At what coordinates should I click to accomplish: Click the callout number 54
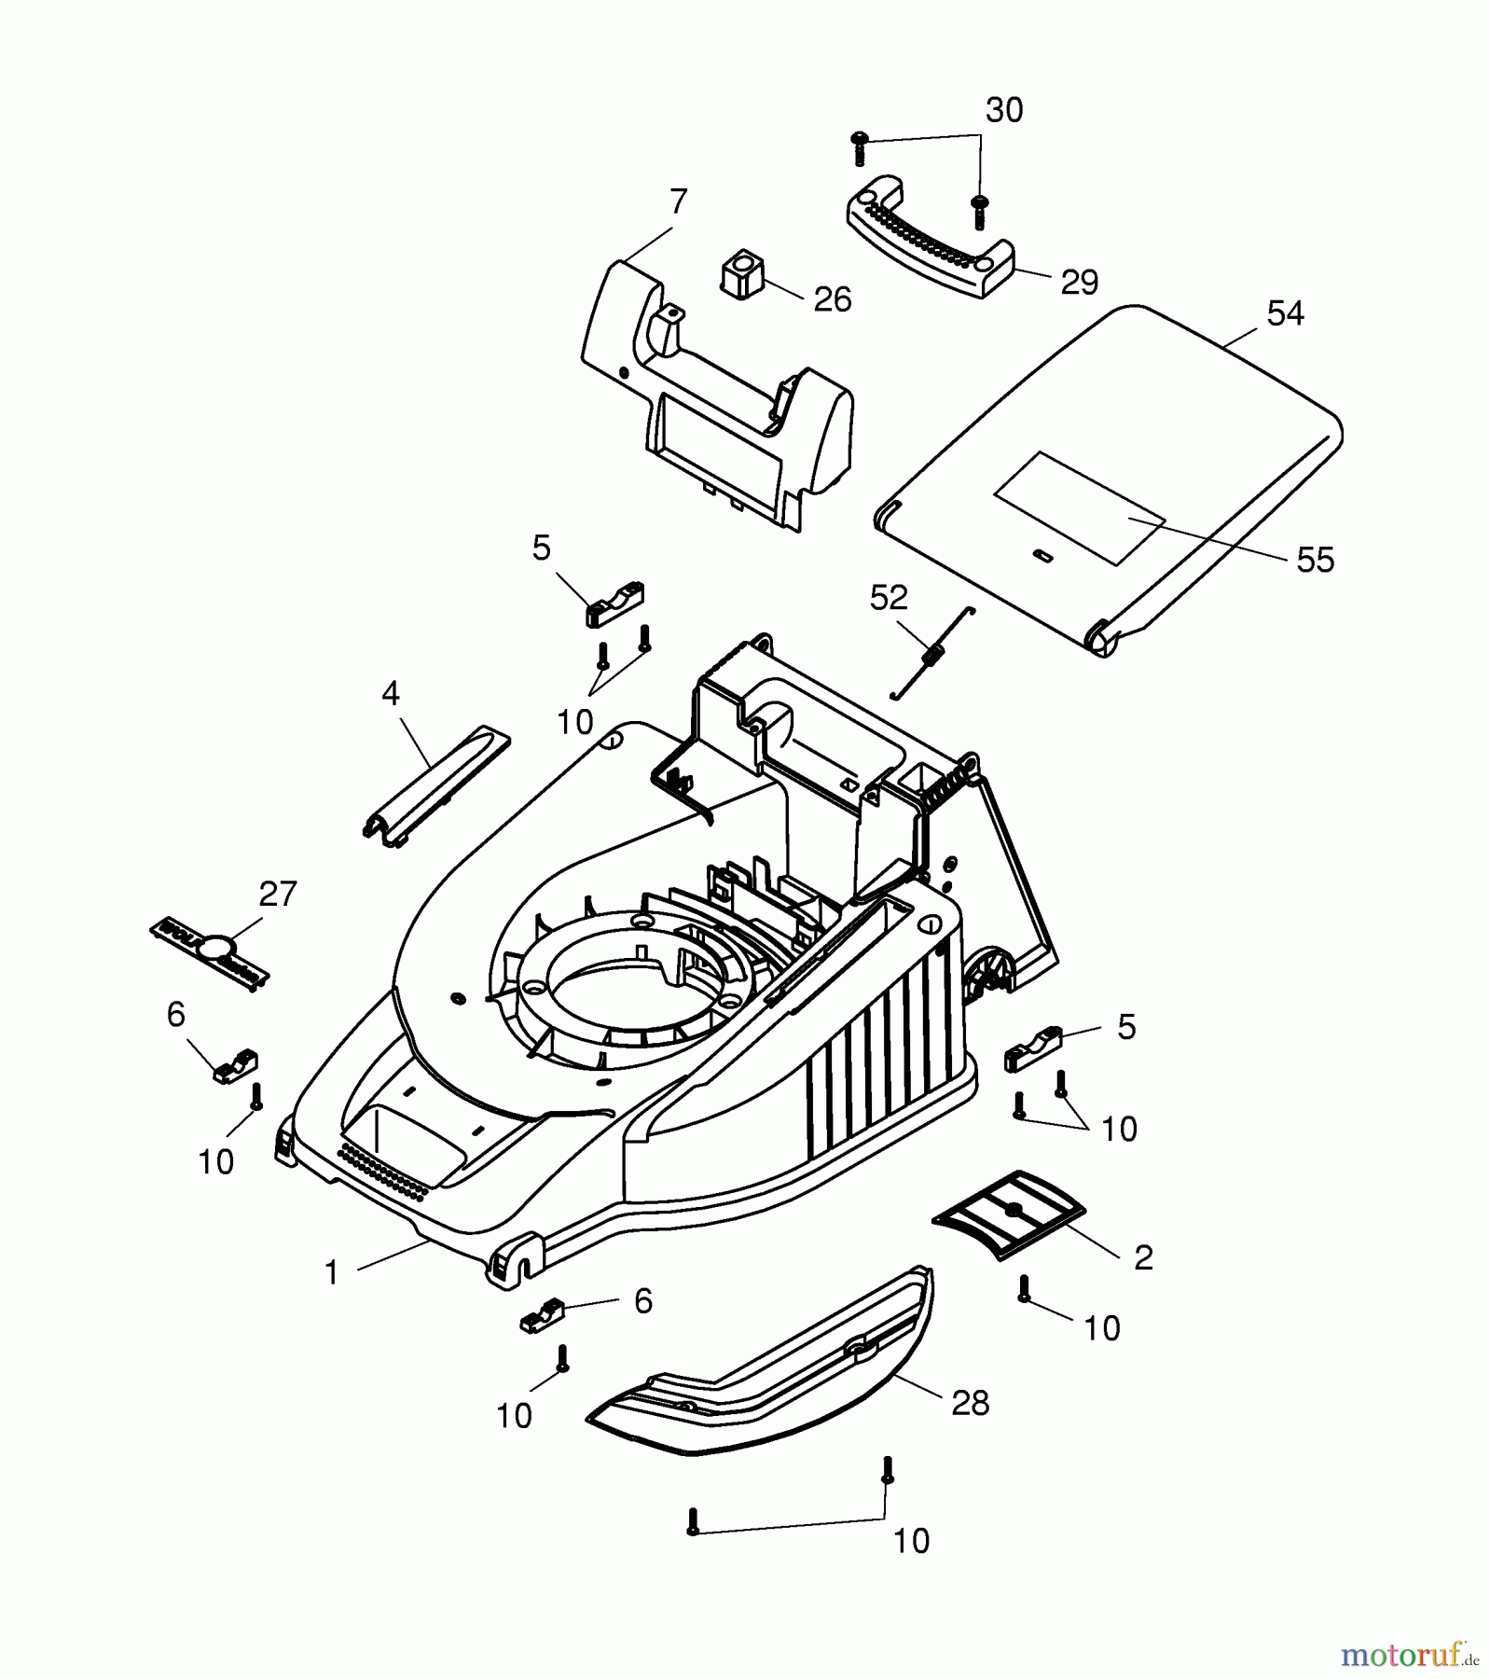1285,314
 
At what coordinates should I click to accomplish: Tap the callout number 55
1315,560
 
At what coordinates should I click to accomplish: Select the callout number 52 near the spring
888,598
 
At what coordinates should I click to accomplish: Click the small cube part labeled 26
742,273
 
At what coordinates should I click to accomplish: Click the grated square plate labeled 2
1010,1214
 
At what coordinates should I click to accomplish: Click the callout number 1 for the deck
331,1272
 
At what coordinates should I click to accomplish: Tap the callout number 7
678,201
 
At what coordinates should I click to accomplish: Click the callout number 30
1004,110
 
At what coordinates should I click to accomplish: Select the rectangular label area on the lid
1080,508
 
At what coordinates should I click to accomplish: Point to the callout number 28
970,1403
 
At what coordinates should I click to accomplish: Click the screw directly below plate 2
1024,1289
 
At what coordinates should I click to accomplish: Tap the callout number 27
277,894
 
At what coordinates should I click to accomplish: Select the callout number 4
390,693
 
